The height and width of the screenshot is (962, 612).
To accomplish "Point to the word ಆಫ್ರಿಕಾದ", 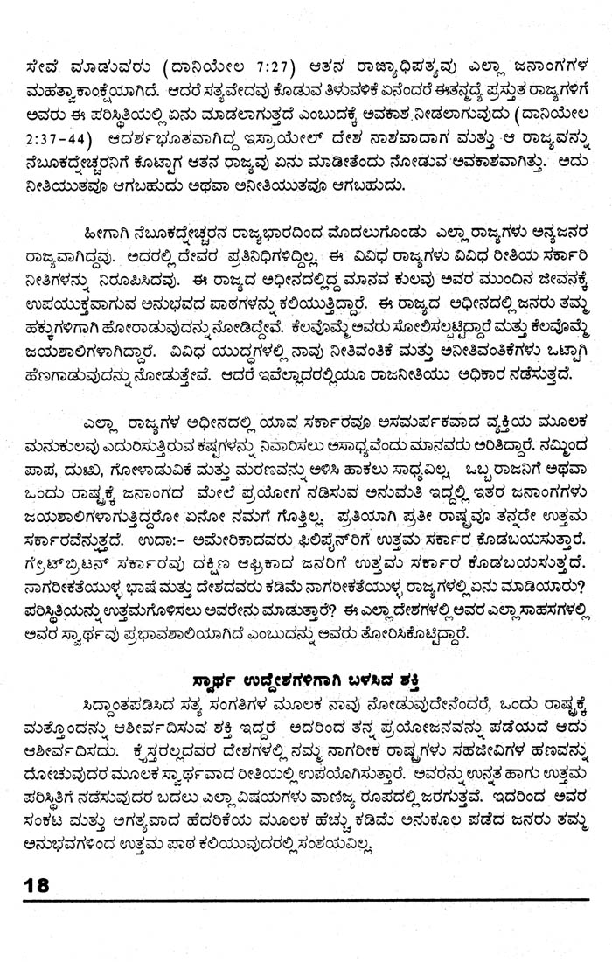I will (x=332, y=557).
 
